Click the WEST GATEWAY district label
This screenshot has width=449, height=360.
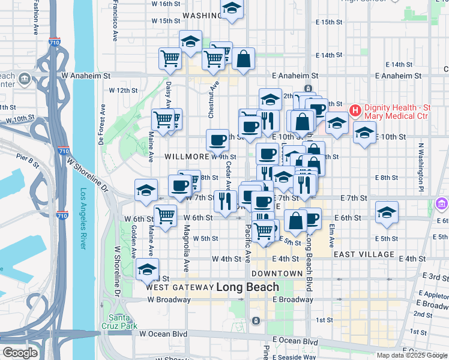[x=179, y=287]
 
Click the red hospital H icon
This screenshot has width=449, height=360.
[x=355, y=110]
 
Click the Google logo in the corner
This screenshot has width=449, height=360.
[x=20, y=353]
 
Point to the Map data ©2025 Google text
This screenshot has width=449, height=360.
[x=412, y=355]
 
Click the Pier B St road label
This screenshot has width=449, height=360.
[x=28, y=161]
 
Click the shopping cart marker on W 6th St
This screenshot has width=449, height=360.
[x=165, y=214]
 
